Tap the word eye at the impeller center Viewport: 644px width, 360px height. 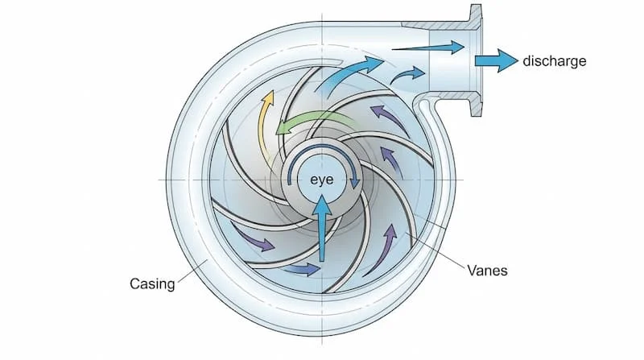coord(322,180)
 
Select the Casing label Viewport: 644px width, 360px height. coord(152,284)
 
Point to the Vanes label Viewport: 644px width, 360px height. coord(487,271)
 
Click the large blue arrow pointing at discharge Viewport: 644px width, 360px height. coord(494,61)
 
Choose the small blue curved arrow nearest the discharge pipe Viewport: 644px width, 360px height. coord(407,77)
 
